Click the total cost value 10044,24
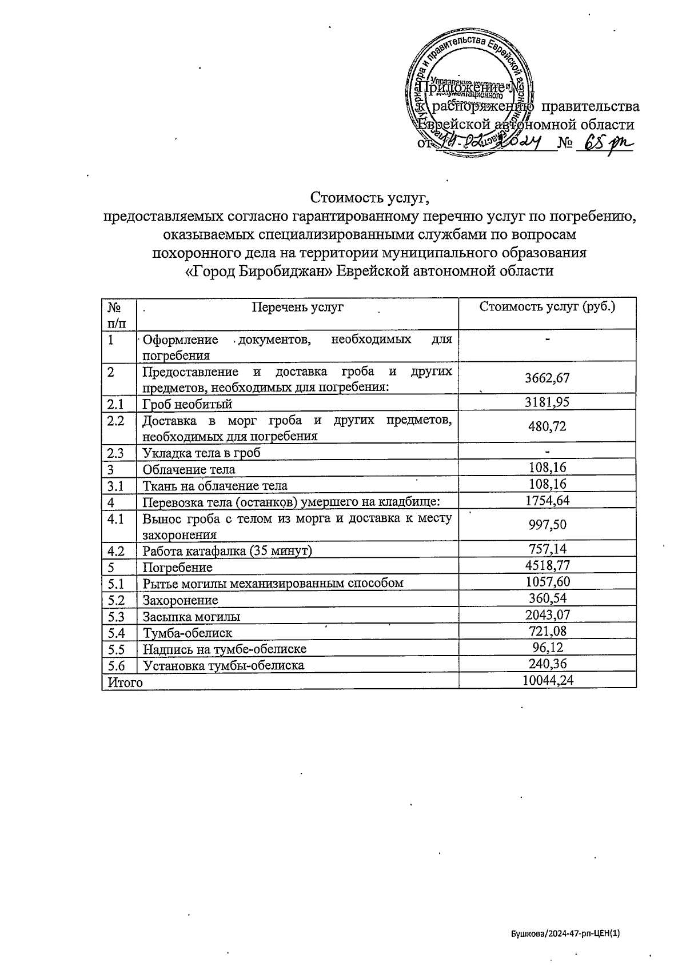[x=547, y=680]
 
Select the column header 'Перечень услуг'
[x=297, y=307]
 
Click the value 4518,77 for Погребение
[x=547, y=566]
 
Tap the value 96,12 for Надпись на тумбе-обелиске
[x=547, y=648]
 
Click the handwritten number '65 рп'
[x=604, y=141]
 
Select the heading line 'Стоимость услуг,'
[x=369, y=198]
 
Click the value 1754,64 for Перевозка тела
[x=547, y=501]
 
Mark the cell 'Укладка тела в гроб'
[x=201, y=453]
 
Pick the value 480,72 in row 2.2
[x=547, y=426]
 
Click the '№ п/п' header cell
[x=118, y=314]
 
